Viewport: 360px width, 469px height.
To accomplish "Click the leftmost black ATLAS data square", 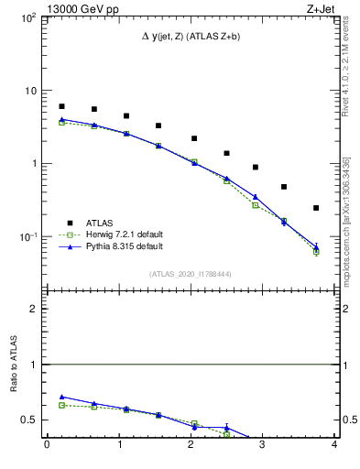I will coord(61,106).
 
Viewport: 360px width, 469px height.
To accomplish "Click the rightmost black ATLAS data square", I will coord(316,208).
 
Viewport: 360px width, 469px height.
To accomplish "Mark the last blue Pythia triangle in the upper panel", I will coord(316,245).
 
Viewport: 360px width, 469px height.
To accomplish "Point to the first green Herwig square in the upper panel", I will coord(61,122).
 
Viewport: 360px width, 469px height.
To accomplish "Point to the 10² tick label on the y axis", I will coord(27,18).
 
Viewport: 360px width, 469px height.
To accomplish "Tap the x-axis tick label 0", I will coord(47,446).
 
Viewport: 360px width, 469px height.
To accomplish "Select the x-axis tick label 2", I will coord(191,446).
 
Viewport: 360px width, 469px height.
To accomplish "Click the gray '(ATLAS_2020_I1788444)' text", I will coord(191,273).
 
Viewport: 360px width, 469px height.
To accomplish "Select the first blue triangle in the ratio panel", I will coord(61,397).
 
